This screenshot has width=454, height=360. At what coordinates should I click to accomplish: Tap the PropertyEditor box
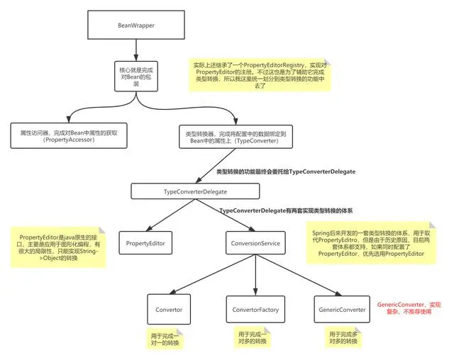[145, 244]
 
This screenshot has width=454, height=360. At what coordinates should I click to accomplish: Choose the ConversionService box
[253, 244]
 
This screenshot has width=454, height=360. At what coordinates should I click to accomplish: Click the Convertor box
[169, 310]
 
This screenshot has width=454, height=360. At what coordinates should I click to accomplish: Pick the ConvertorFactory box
[253, 310]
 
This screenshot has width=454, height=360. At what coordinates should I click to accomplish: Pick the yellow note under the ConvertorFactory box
[253, 338]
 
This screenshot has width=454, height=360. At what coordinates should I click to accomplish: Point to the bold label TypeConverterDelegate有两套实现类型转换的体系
[286, 210]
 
